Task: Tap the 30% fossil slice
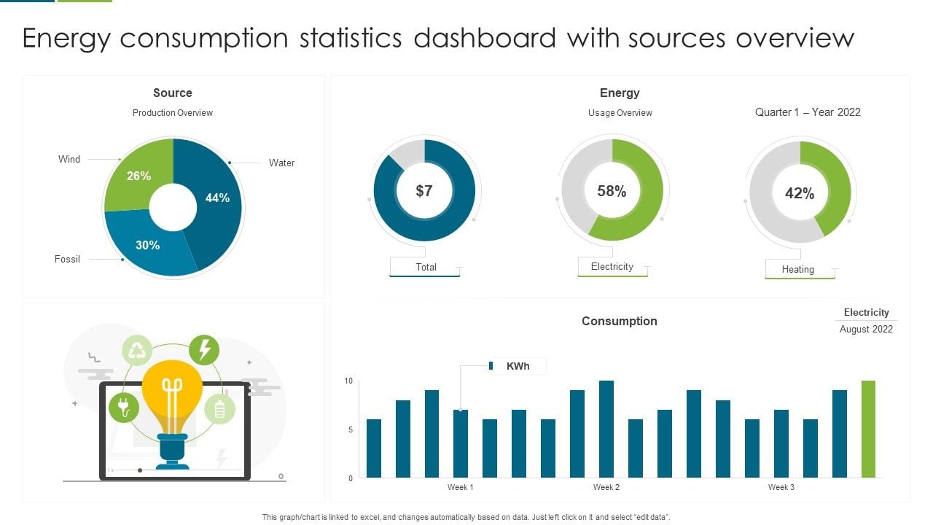[x=148, y=245]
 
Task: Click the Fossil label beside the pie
[x=68, y=259]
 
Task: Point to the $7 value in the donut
[x=424, y=191]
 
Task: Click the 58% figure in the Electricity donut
[x=612, y=191]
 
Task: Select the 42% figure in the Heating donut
[x=800, y=193]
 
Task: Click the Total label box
[x=426, y=267]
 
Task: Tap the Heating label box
[x=798, y=269]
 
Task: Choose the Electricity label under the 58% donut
[x=612, y=266]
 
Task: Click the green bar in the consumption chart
[x=868, y=429]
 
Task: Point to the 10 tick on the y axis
[x=348, y=381]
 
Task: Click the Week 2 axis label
[x=606, y=487]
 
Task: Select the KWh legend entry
[x=517, y=366]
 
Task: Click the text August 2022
[x=866, y=329]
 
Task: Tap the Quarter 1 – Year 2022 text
[x=808, y=112]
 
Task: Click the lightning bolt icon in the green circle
[x=204, y=349]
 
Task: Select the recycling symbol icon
[x=137, y=351]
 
